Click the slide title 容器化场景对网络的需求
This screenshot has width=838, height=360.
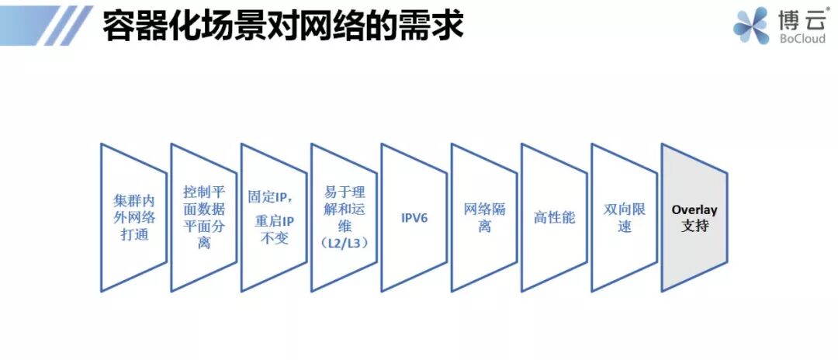(283, 25)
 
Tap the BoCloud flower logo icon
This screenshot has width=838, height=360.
(750, 26)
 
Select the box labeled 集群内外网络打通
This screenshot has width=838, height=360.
(134, 217)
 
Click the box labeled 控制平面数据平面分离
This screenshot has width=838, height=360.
(204, 217)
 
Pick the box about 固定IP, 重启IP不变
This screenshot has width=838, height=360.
(274, 217)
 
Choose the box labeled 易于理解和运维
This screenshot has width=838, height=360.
(344, 217)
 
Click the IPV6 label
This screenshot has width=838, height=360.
(414, 217)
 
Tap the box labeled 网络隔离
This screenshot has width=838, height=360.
(484, 217)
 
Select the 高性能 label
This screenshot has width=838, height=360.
(554, 217)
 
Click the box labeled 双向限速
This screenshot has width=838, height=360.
(625, 217)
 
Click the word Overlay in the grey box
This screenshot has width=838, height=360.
(694, 209)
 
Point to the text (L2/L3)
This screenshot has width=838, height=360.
(344, 243)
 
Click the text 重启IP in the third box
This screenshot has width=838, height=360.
(274, 220)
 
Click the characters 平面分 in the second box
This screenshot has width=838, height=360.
(204, 226)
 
